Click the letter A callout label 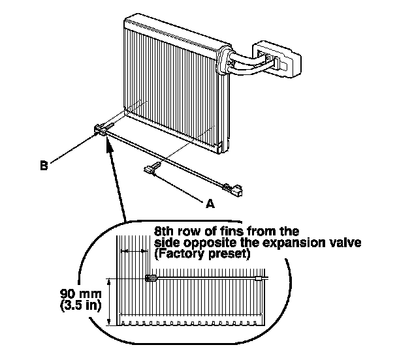[x=210, y=203]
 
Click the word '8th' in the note [x=163, y=231]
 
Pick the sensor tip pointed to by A [x=152, y=170]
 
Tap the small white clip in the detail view [x=259, y=278]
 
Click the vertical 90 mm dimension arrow [x=109, y=301]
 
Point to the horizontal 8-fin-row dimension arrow [x=133, y=251]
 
